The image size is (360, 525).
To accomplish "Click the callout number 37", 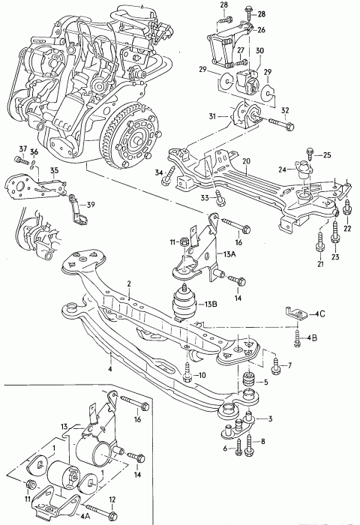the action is click(22, 148).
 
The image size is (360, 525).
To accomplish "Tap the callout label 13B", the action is click(210, 304).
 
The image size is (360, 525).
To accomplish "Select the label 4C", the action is click(320, 314).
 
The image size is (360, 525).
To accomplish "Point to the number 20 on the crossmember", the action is click(246, 161).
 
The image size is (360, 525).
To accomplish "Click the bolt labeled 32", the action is click(281, 124).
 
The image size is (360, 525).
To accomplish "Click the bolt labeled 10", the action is click(187, 372).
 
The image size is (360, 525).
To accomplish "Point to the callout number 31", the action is click(213, 116).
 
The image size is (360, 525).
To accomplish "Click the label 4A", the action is click(85, 516).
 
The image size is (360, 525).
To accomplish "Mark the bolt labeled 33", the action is click(219, 196).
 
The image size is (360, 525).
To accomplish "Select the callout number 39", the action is click(91, 205).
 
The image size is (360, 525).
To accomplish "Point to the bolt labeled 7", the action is click(275, 366).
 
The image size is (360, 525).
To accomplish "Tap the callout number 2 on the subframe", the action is click(129, 284).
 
